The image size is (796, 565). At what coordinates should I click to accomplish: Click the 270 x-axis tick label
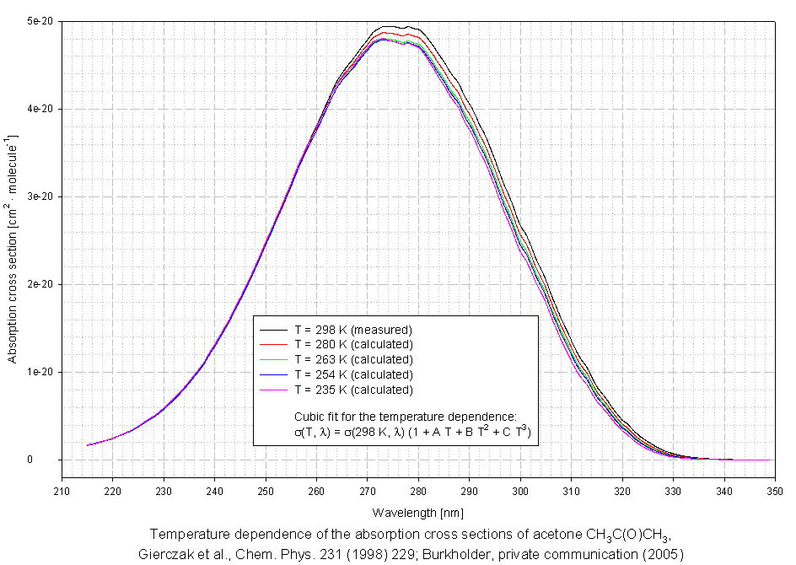(368, 492)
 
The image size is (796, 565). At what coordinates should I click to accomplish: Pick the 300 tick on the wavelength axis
(520, 492)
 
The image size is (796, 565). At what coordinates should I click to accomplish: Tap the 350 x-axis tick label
(774, 492)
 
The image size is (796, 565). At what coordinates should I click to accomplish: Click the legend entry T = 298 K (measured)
(353, 330)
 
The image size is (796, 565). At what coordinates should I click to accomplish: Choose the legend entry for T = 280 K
(353, 345)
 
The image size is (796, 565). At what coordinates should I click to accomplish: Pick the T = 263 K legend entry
(353, 360)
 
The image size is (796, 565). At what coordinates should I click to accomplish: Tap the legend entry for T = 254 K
(353, 374)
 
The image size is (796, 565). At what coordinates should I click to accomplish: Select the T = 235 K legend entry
(353, 390)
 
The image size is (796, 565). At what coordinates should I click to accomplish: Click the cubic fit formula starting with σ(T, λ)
(410, 432)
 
